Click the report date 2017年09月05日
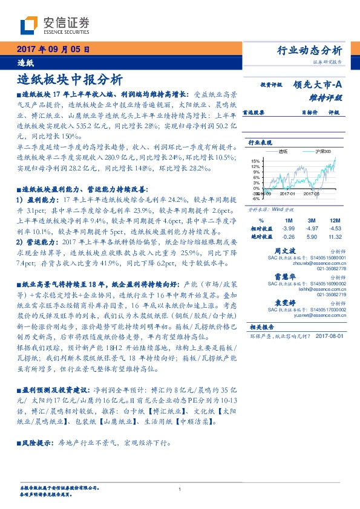pos(53,49)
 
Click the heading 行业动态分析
pos(313,50)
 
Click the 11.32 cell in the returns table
pos(335,237)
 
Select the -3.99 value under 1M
pos(288,229)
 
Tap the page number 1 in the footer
pos(180,489)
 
